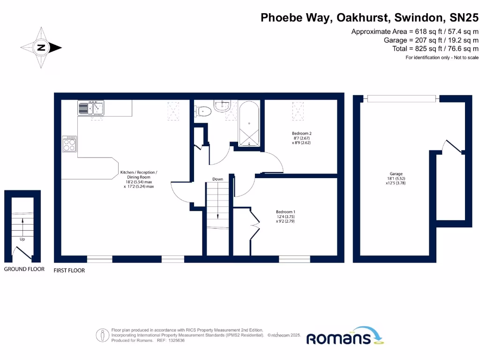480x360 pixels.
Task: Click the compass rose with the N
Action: point(41,47)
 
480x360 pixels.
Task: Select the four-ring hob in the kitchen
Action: point(69,143)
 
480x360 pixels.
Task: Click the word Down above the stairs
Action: point(217,179)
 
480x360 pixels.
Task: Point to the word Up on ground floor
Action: point(22,239)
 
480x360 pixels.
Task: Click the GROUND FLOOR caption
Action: point(24,269)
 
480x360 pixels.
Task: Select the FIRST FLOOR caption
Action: point(69,270)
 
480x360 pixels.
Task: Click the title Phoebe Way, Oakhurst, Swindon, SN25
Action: point(369,18)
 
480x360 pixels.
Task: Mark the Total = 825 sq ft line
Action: point(435,49)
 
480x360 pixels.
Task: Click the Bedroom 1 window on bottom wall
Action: point(294,259)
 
